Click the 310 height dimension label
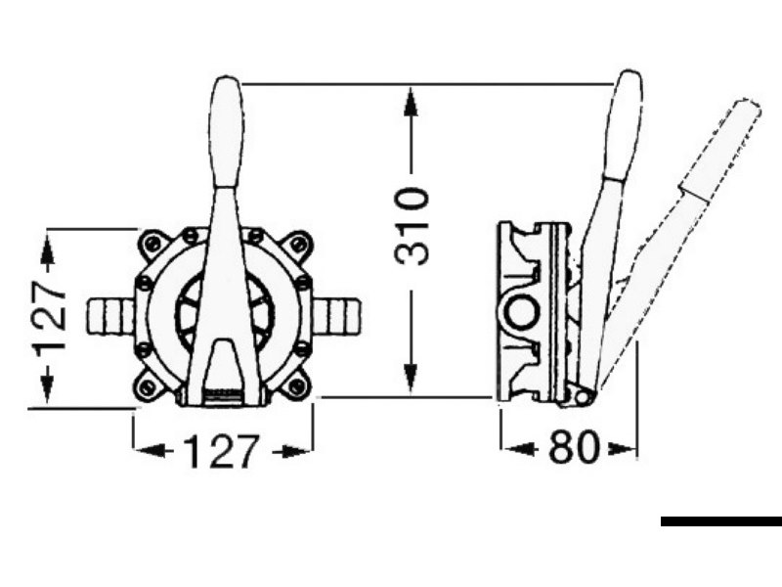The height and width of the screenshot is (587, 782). click(x=411, y=226)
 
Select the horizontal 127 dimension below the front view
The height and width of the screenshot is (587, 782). click(x=222, y=451)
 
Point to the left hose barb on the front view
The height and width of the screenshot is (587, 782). click(x=111, y=316)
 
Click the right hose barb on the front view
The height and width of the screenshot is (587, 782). click(x=335, y=316)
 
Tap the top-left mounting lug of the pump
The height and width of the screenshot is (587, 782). click(x=152, y=244)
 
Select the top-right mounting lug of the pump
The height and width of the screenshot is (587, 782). click(x=298, y=244)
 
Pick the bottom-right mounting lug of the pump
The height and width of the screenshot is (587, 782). click(x=297, y=385)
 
